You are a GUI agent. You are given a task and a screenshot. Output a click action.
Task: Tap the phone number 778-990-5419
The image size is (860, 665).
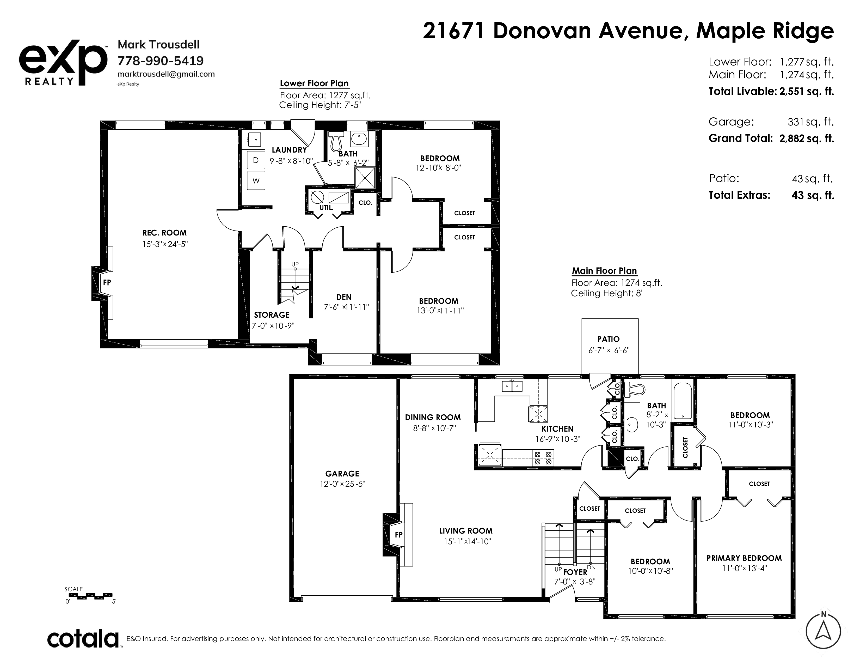tap(161, 61)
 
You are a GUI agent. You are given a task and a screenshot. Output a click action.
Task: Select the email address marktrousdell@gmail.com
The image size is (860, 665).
tap(166, 74)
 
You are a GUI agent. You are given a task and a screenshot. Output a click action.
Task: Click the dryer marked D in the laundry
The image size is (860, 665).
tap(256, 160)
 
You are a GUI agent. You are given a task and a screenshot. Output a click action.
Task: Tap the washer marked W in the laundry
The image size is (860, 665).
tap(256, 181)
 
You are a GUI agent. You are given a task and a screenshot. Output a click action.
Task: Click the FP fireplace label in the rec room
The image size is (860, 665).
tap(107, 282)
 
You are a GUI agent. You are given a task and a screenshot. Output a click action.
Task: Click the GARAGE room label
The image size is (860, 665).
tap(342, 474)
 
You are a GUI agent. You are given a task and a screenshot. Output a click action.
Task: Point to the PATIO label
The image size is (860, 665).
tap(608, 339)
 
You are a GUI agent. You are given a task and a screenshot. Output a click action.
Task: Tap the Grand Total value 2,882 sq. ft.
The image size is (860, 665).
tap(807, 138)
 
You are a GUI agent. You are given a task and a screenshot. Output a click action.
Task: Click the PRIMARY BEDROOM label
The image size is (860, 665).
tap(744, 558)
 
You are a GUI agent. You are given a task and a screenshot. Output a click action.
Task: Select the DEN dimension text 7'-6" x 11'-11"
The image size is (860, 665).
tap(346, 307)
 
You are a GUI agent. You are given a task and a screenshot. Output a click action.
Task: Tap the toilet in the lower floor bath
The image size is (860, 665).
tap(336, 141)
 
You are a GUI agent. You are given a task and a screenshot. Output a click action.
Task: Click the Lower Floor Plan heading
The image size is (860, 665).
tap(314, 83)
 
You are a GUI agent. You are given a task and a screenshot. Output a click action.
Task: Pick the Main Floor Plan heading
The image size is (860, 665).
tap(604, 271)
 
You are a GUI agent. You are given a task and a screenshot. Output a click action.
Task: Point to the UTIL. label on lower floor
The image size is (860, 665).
tap(327, 208)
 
